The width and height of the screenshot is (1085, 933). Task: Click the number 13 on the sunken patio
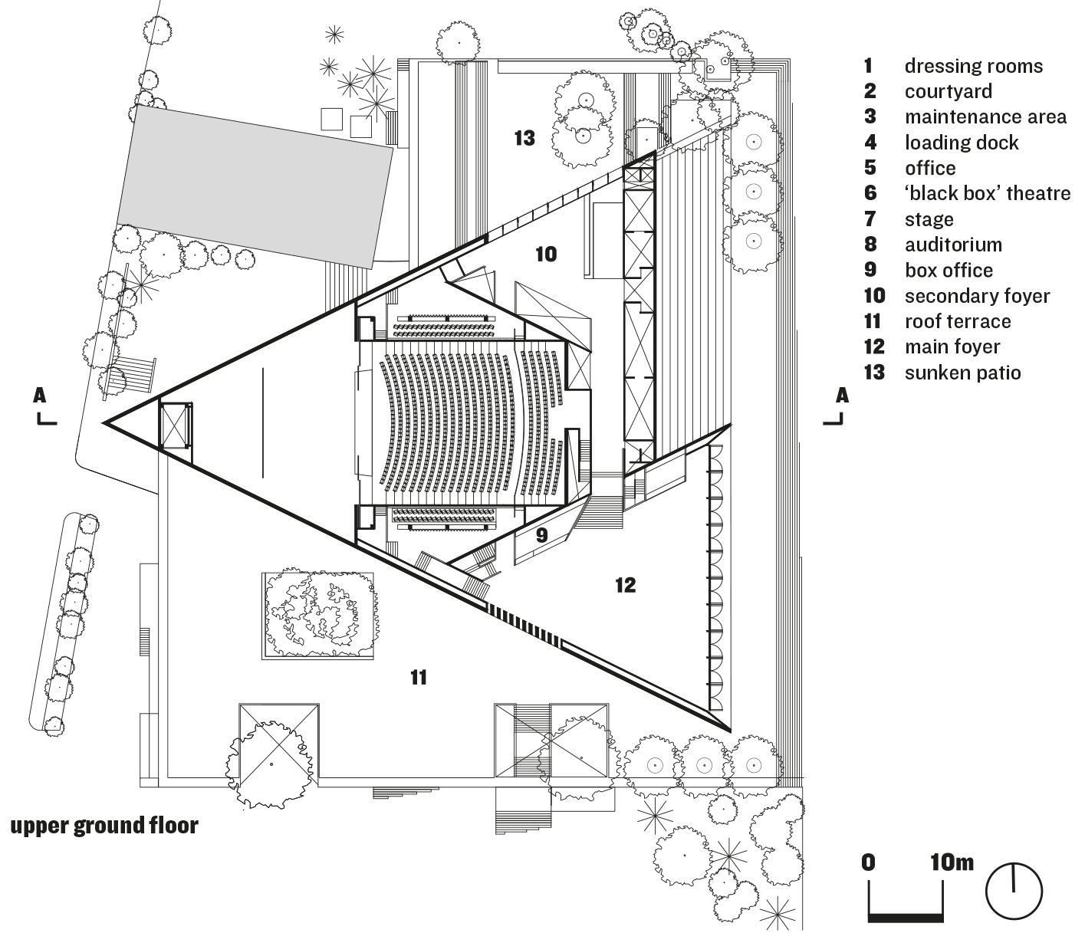[x=524, y=138]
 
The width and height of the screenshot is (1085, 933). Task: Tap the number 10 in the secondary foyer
[x=546, y=254]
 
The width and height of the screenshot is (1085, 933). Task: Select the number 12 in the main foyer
[x=625, y=585]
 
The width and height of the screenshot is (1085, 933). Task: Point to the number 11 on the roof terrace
[x=418, y=677]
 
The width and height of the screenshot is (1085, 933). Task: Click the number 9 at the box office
[x=541, y=535]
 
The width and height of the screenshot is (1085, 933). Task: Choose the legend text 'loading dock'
[x=962, y=143]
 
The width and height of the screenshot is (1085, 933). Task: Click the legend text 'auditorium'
[x=953, y=245]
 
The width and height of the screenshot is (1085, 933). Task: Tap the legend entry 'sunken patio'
[x=962, y=373]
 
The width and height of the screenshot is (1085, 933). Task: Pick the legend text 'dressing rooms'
[x=973, y=66]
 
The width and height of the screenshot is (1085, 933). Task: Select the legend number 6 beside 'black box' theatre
[x=870, y=193]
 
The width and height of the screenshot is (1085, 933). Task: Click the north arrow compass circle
[x=1014, y=892]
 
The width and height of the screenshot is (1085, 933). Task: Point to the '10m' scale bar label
[x=952, y=862]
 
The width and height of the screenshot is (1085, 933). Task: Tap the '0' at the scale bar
[x=868, y=862]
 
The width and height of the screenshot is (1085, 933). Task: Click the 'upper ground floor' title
[x=104, y=826]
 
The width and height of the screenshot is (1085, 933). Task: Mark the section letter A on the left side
[x=40, y=396]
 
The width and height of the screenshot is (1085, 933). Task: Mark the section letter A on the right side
[x=842, y=396]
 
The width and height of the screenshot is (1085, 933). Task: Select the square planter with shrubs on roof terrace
[x=319, y=613]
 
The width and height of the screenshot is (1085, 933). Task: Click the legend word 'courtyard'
[x=948, y=91]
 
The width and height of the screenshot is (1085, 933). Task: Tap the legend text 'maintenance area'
[x=985, y=117]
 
